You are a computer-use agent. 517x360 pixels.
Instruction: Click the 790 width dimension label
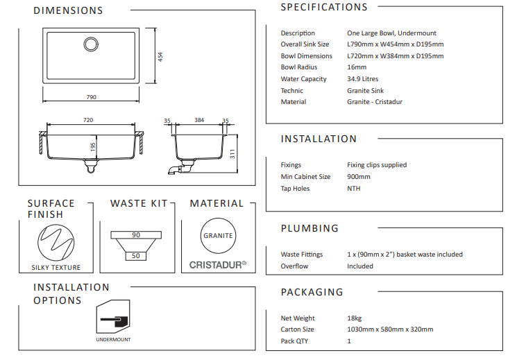91,97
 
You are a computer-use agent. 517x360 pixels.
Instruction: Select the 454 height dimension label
160,57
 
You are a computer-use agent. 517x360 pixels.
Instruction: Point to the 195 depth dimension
92,147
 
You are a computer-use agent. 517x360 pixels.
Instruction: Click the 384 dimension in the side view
199,121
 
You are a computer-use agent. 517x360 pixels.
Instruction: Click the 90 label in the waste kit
136,235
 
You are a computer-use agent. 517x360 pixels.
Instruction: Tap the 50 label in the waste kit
136,256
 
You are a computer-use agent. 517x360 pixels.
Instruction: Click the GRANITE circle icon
218,236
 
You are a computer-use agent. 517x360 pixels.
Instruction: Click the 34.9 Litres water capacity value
363,79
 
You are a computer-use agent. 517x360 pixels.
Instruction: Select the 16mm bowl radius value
357,67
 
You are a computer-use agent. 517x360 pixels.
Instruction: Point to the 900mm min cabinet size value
359,177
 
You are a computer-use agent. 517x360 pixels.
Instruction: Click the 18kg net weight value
354,318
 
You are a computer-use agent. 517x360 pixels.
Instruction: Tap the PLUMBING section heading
310,228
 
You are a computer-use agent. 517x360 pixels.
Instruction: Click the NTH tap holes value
354,188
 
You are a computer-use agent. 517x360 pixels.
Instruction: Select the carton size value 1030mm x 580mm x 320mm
390,329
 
